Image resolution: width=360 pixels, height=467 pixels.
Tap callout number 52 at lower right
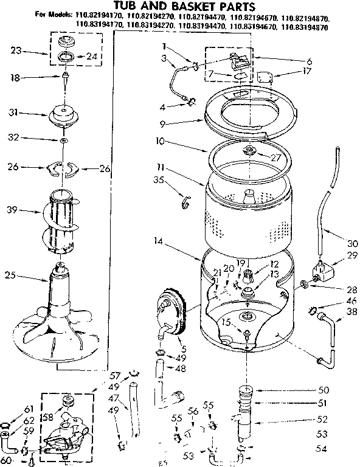point(322,419)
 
